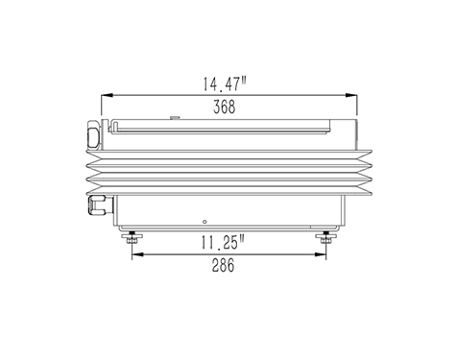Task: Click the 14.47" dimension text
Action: (225, 84)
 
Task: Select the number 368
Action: (225, 107)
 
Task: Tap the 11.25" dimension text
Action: (224, 242)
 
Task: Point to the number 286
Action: (223, 265)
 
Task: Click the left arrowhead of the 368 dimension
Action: (107, 95)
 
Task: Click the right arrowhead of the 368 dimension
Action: (351, 95)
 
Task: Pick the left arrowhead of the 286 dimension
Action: (138, 254)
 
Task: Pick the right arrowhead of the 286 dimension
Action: (320, 254)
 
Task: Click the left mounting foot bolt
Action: (132, 237)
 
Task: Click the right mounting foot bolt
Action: (325, 237)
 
